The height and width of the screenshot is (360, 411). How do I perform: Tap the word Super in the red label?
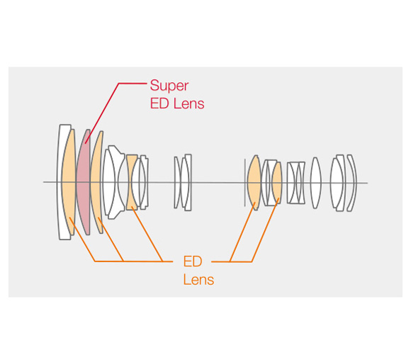(169, 86)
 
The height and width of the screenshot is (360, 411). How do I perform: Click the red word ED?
(159, 103)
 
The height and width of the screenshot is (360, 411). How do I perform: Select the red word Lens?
(189, 103)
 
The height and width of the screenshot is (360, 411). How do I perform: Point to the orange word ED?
(193, 261)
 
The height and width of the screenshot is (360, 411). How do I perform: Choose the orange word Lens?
(198, 279)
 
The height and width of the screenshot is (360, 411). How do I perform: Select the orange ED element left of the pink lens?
(69, 182)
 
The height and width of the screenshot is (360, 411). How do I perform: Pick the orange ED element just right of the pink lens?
(96, 182)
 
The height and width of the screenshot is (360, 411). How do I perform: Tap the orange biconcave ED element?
(131, 182)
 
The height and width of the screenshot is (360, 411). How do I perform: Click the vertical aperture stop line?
(245, 183)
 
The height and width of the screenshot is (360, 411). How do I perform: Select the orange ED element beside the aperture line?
(254, 183)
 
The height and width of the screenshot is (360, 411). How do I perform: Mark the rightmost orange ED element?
(277, 183)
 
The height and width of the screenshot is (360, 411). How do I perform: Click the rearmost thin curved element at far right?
(353, 183)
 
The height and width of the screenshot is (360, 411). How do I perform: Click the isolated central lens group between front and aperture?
(183, 183)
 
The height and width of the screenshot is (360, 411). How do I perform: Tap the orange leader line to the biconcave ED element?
(147, 234)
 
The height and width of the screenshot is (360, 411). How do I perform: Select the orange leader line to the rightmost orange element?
(265, 230)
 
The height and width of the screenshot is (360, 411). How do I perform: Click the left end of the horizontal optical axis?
(43, 182)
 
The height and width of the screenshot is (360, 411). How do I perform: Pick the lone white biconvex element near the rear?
(315, 183)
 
